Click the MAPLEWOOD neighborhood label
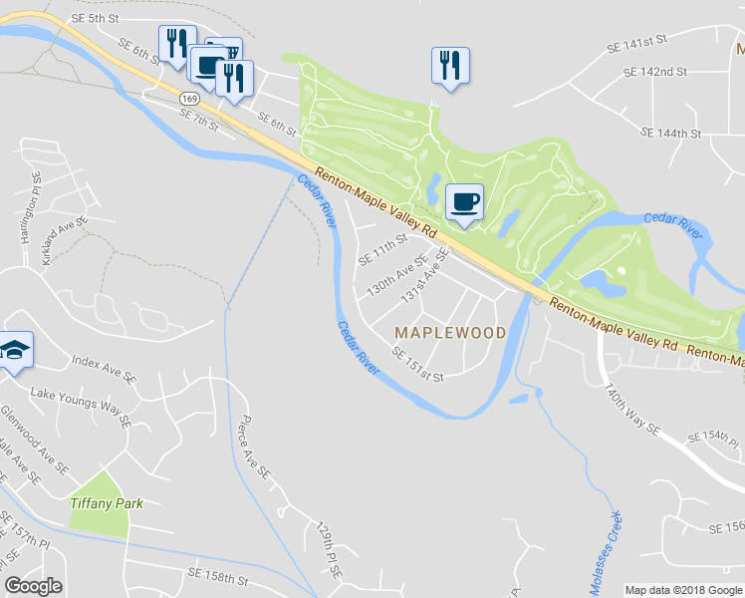pos(450,332)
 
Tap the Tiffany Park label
pos(107,503)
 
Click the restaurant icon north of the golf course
pos(450,66)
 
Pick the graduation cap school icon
pos(16,350)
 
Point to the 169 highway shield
pos(190,100)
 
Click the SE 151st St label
pos(416,364)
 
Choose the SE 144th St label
pos(672,133)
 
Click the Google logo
pos(33,586)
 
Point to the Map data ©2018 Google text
pos(683,590)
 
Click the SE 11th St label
pos(383,247)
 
